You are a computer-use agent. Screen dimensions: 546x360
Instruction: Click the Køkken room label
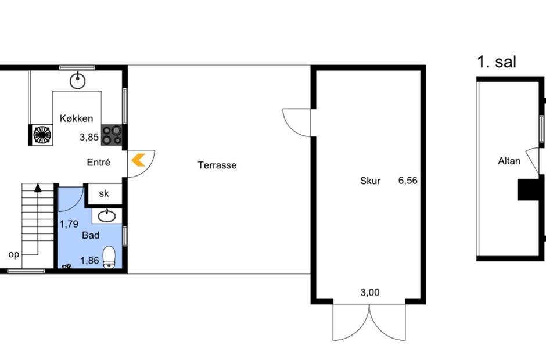76,118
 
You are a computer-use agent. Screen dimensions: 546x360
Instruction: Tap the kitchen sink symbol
77,81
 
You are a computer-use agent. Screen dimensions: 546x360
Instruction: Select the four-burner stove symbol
112,135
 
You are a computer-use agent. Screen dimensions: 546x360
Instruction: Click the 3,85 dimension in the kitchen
89,137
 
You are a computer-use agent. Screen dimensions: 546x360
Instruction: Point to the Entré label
99,162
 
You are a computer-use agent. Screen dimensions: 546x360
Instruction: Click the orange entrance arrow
138,160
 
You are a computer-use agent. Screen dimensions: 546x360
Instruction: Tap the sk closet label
104,193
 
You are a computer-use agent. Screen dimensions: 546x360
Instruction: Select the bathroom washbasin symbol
107,216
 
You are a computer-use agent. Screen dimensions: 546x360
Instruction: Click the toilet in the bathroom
109,257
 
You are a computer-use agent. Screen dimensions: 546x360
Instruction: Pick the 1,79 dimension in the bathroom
69,224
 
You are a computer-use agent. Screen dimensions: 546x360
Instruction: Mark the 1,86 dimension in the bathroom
89,261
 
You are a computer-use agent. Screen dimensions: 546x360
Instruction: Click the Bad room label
91,235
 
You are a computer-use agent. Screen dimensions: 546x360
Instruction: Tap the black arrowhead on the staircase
38,188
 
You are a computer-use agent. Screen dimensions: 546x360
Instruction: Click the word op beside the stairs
13,254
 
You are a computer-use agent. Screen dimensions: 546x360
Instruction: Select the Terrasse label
217,165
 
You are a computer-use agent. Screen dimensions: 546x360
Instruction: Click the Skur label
370,181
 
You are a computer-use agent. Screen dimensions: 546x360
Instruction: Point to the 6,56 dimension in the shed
408,181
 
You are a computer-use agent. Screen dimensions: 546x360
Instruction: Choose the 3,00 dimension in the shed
370,293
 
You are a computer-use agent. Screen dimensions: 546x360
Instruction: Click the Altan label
509,161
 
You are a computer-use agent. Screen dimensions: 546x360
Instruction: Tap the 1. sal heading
497,62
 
